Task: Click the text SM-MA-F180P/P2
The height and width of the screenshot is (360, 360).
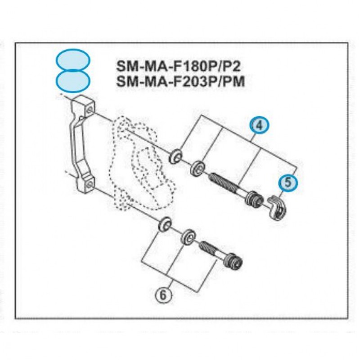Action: click(x=178, y=66)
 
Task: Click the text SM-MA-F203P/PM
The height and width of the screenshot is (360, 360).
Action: click(x=180, y=81)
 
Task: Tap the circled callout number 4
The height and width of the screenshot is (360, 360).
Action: click(x=259, y=126)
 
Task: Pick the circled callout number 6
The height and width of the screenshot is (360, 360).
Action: click(x=163, y=295)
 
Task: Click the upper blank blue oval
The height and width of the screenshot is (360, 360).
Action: click(x=73, y=60)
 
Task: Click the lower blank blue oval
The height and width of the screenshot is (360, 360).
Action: click(x=73, y=81)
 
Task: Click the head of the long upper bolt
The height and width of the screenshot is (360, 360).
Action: click(x=255, y=198)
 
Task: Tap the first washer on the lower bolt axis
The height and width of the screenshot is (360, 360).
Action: click(x=165, y=224)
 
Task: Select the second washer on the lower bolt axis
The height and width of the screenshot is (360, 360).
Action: click(x=188, y=237)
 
